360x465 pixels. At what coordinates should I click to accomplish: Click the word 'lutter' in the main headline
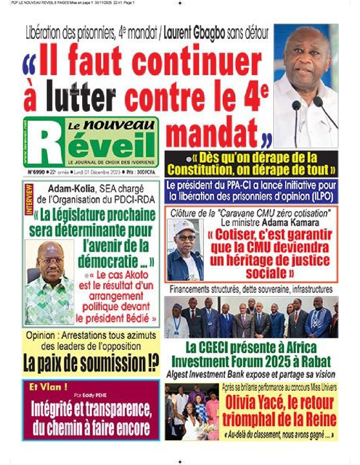[x=81, y=95]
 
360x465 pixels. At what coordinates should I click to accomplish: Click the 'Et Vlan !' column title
[x=48, y=387]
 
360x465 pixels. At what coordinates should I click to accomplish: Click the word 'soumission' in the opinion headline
[x=113, y=363]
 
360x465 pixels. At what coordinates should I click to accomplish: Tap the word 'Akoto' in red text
[x=136, y=275]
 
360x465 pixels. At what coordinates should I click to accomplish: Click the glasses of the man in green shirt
[x=49, y=261]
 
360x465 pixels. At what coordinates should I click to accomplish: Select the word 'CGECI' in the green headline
[x=213, y=348]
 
